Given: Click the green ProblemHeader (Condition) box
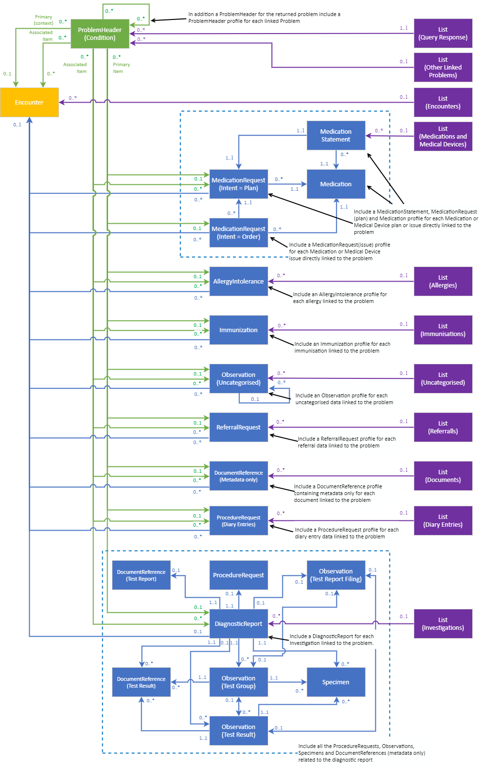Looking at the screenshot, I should [100, 34].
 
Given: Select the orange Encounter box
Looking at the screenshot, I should [29, 103].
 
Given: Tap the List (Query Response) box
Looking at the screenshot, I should [443, 34].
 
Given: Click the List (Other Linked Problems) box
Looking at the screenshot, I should [443, 68].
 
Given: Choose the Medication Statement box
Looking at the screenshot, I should [335, 136].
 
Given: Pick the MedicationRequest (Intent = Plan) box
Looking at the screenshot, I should [238, 184].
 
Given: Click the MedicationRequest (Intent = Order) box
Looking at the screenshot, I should [238, 233].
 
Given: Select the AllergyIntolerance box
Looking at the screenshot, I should [238, 282].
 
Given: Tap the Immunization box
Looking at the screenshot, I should [238, 330].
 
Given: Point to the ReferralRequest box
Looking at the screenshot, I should [238, 428].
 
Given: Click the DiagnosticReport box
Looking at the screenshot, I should [238, 624].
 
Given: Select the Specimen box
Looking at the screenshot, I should [335, 682].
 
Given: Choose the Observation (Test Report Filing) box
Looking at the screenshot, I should [335, 575].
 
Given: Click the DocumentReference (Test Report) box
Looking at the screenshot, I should [141, 575].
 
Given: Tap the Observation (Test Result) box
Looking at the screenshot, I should [238, 731].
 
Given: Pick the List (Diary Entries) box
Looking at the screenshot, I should [443, 521].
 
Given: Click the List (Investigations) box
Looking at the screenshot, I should [443, 624].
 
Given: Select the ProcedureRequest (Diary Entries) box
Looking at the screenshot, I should [238, 521].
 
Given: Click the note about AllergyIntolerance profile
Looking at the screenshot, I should [340, 298].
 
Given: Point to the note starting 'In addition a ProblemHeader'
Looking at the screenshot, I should [273, 18].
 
